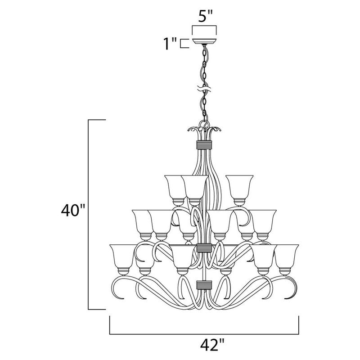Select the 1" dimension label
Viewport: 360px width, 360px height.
point(171,44)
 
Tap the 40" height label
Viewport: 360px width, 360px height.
point(73,211)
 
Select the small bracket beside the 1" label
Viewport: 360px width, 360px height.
point(184,44)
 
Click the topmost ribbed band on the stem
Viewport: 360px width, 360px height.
point(204,145)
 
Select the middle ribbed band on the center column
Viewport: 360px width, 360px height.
point(204,248)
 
